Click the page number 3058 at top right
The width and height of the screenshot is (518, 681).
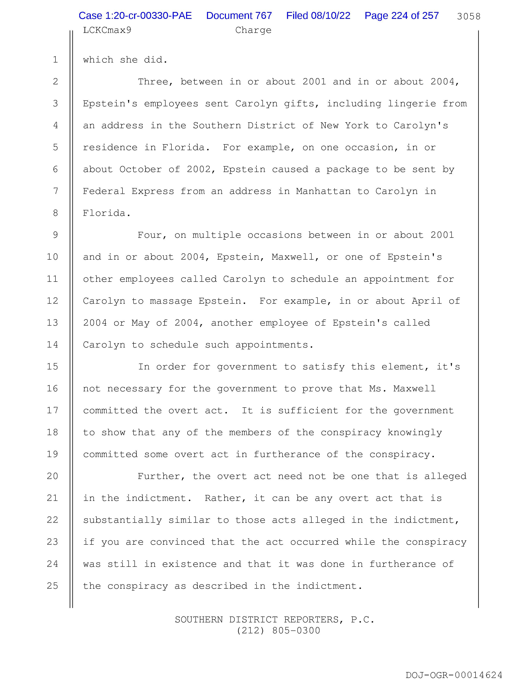point(468,16)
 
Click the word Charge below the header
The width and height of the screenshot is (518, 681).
point(253,30)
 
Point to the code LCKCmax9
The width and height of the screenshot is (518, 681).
point(107,30)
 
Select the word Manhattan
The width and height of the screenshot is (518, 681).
point(323,191)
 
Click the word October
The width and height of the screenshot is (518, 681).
point(140,169)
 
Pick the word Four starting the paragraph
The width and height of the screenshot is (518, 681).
point(150,235)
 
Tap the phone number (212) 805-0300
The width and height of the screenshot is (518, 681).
point(278,630)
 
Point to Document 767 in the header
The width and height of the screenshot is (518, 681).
point(239,16)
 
